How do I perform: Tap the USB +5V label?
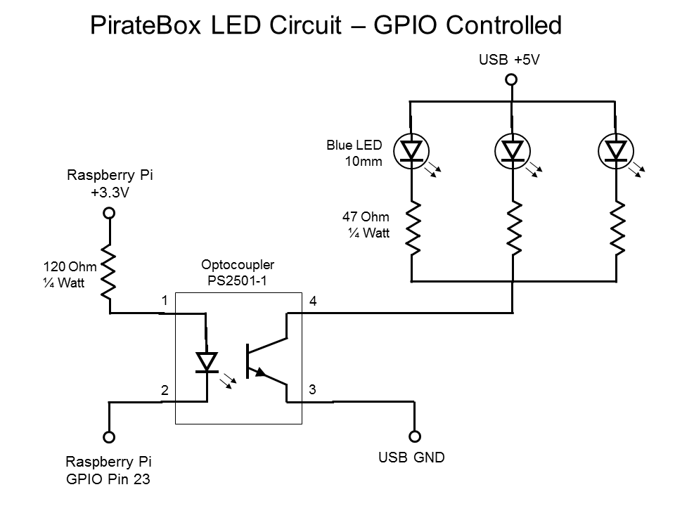point(509,60)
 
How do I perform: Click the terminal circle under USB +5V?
point(512,80)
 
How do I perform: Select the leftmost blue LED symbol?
point(411,150)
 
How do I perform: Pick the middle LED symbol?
point(513,150)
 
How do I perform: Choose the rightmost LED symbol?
point(616,150)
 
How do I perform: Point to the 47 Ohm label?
point(366,217)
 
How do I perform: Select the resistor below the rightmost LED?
point(617,228)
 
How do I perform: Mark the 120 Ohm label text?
point(69,268)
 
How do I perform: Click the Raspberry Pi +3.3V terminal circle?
point(109,213)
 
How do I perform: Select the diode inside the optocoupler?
point(206,361)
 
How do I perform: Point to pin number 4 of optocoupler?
point(314,301)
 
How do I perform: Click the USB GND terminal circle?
point(415,436)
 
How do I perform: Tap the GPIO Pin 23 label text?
point(109,481)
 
